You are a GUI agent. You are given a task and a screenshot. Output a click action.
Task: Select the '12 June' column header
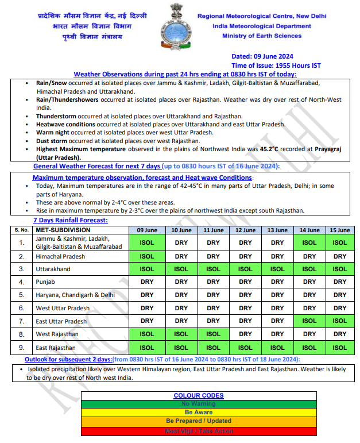click(x=245, y=230)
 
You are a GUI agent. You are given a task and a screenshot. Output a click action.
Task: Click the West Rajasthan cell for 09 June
click(x=147, y=334)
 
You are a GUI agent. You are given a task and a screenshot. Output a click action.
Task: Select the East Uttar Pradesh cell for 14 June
click(x=309, y=321)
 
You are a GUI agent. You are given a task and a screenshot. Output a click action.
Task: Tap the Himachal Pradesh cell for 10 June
click(x=181, y=256)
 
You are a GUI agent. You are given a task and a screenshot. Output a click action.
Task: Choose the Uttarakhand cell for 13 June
click(x=277, y=269)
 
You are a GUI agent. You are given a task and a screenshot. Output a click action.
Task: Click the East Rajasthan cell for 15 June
click(x=340, y=348)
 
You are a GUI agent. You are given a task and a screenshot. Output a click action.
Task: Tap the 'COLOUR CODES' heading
click(x=198, y=395)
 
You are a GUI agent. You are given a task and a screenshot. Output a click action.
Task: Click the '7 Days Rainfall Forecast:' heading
click(x=70, y=220)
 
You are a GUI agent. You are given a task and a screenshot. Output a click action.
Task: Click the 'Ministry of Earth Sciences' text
click(x=261, y=36)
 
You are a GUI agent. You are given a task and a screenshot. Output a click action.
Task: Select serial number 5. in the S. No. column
click(x=21, y=295)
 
